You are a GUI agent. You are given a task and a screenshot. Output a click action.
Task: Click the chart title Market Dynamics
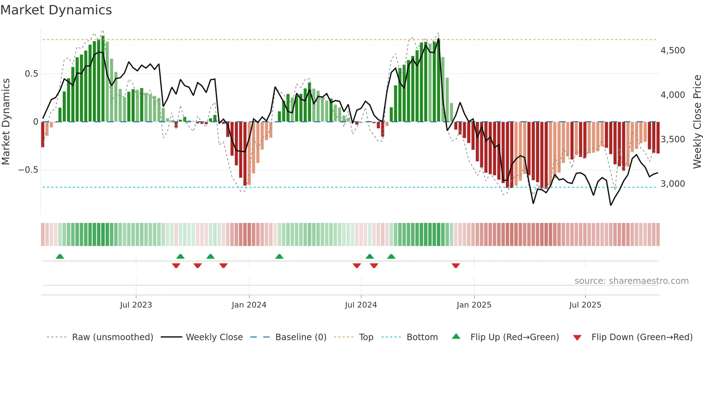pos(56,10)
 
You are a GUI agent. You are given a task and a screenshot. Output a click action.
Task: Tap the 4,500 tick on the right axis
pos(673,51)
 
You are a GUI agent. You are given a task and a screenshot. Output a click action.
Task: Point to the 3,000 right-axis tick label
pos(673,184)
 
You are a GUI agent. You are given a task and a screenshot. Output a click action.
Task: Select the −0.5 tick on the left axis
pos(28,170)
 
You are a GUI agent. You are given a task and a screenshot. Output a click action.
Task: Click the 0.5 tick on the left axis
pos(31,74)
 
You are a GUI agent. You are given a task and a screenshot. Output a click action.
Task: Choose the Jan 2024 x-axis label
pos(249,305)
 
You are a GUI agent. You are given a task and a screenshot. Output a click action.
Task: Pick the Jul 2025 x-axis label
pos(585,305)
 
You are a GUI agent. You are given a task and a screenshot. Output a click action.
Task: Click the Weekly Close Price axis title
pos(697,122)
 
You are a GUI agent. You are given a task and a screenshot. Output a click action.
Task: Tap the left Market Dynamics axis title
pos(6,122)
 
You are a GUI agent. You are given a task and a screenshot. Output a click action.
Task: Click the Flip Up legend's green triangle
pos(456,336)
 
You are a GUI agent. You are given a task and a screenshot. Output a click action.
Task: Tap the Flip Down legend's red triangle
pos(577,338)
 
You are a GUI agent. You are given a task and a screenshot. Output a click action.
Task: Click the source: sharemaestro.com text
pos(631,281)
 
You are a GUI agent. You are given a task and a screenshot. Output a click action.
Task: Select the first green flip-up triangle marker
pos(60,256)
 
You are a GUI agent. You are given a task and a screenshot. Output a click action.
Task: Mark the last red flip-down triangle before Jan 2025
pos(456,266)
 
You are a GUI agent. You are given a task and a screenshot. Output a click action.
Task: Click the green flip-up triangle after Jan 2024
pos(279,256)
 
